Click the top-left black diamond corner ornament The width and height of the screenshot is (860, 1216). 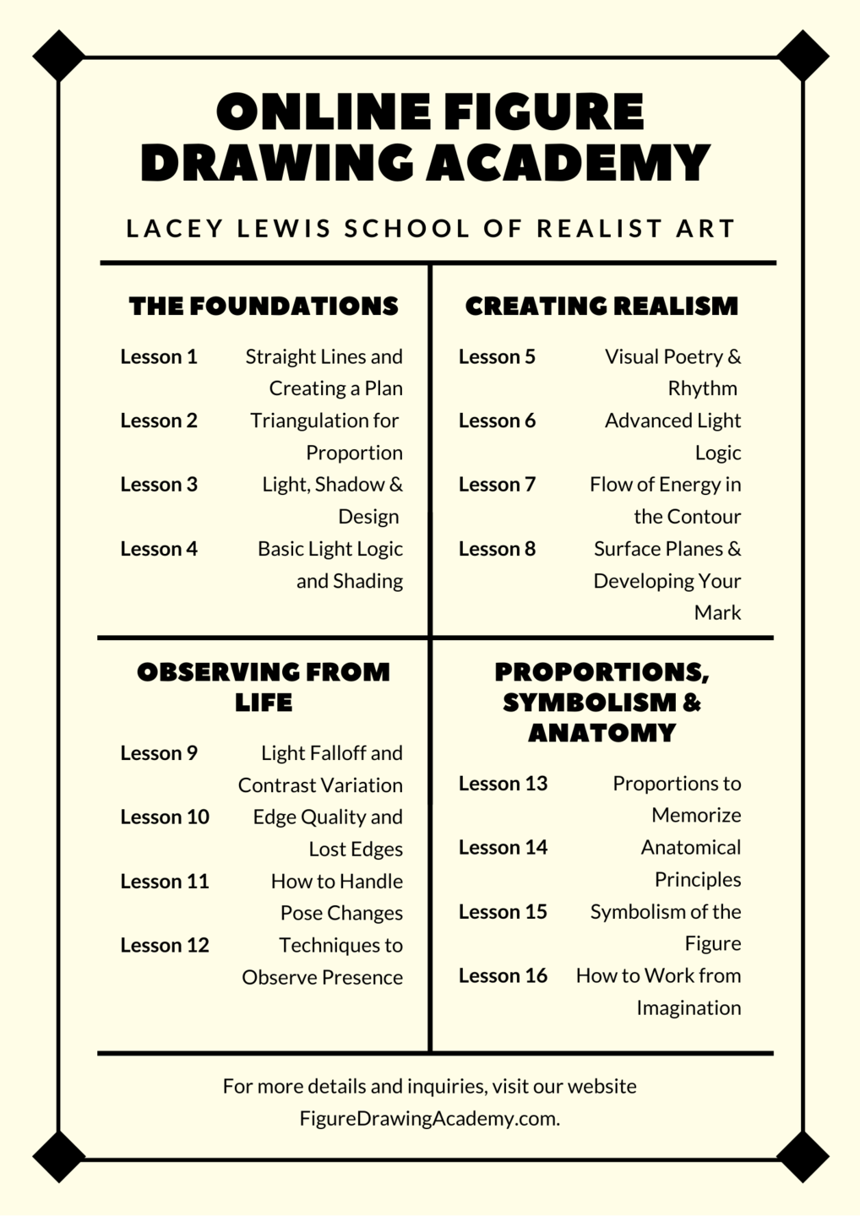click(x=58, y=56)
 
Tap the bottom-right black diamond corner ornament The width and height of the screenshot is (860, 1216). click(x=803, y=1156)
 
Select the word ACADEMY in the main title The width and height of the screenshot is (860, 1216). click(x=567, y=163)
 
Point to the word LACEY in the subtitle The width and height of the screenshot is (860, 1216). click(x=175, y=229)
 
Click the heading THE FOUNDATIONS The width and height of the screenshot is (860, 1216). click(x=264, y=306)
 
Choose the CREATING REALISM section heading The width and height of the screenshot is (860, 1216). click(x=601, y=306)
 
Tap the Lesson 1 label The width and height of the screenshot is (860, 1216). click(x=159, y=356)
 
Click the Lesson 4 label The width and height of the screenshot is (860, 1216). click(x=159, y=549)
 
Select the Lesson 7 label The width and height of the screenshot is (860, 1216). click(x=497, y=485)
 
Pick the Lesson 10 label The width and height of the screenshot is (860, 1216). click(x=165, y=817)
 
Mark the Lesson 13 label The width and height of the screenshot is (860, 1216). click(x=503, y=784)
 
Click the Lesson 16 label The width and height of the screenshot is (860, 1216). click(x=503, y=976)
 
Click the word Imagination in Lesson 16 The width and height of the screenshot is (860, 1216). click(x=689, y=1008)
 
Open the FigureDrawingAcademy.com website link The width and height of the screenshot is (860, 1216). click(x=429, y=1119)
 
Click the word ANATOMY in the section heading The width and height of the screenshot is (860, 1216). click(x=601, y=733)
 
